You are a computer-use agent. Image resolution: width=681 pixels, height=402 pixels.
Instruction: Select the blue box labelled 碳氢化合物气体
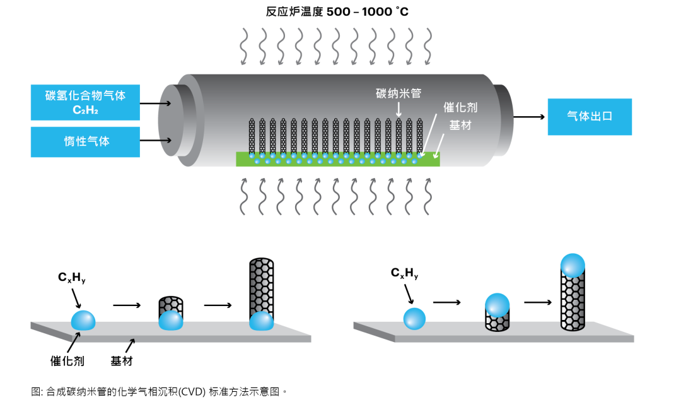(x=85, y=95)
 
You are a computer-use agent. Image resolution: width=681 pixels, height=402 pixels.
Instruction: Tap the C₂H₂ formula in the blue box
(x=85, y=110)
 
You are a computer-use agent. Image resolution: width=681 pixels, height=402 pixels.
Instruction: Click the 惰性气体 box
(x=85, y=141)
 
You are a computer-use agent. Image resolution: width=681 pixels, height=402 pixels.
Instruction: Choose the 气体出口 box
(x=589, y=117)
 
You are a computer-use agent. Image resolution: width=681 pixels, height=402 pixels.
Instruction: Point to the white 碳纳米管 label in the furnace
(x=398, y=93)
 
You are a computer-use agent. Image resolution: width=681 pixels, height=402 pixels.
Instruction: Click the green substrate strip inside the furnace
(x=337, y=159)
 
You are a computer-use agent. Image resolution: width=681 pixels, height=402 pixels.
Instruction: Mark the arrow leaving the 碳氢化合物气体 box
(x=152, y=103)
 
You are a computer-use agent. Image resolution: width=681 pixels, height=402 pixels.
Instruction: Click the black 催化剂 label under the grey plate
(x=67, y=362)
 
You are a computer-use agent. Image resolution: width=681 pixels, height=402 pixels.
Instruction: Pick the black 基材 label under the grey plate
(x=122, y=362)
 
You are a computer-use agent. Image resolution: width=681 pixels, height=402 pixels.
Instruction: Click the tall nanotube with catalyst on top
(x=573, y=293)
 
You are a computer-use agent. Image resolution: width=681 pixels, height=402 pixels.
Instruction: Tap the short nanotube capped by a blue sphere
(x=496, y=312)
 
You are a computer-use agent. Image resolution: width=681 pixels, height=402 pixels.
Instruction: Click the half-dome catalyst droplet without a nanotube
(x=84, y=320)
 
